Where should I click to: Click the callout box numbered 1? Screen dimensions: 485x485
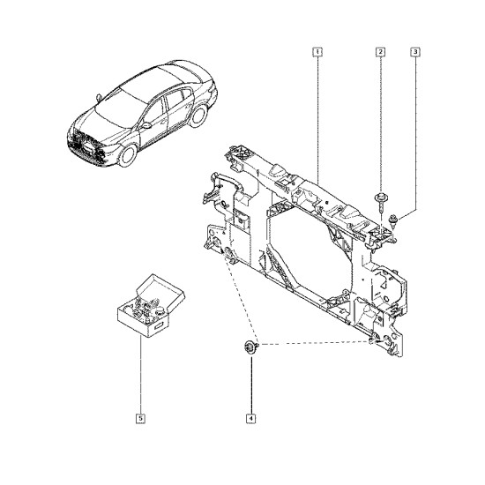click(317, 52)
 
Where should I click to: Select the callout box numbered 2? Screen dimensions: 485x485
click(380, 52)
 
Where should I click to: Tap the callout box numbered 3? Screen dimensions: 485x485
click(415, 52)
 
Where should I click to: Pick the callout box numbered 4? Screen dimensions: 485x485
click(250, 419)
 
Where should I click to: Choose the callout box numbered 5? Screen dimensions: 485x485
click(140, 419)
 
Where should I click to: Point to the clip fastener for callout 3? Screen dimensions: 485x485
click(392, 220)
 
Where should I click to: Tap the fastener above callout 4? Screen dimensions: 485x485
click(250, 347)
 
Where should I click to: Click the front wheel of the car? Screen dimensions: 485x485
click(128, 155)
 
